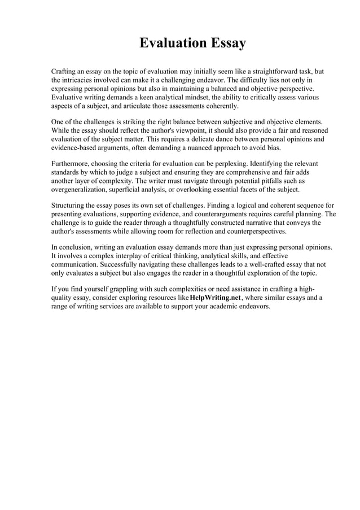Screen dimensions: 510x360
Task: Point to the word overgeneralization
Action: [81, 189]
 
